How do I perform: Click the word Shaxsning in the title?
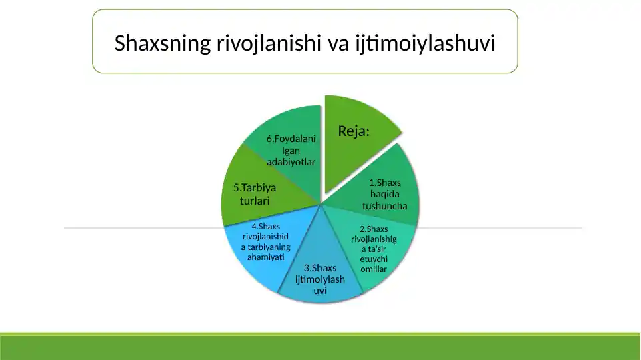[162, 44]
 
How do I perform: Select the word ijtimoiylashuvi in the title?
[425, 44]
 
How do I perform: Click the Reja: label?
[354, 131]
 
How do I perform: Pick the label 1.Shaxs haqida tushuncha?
[385, 194]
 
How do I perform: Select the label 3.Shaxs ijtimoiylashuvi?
[320, 279]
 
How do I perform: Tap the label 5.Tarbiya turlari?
[255, 194]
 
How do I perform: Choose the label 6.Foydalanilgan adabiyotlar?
[291, 150]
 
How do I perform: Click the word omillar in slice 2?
[374, 269]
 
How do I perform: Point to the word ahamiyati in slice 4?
[265, 257]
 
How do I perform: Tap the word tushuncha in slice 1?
[385, 205]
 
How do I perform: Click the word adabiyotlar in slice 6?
[291, 162]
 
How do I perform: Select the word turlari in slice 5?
[255, 201]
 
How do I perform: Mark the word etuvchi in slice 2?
[374, 259]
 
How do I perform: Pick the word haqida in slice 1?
[385, 194]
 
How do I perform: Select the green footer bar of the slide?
[320, 347]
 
